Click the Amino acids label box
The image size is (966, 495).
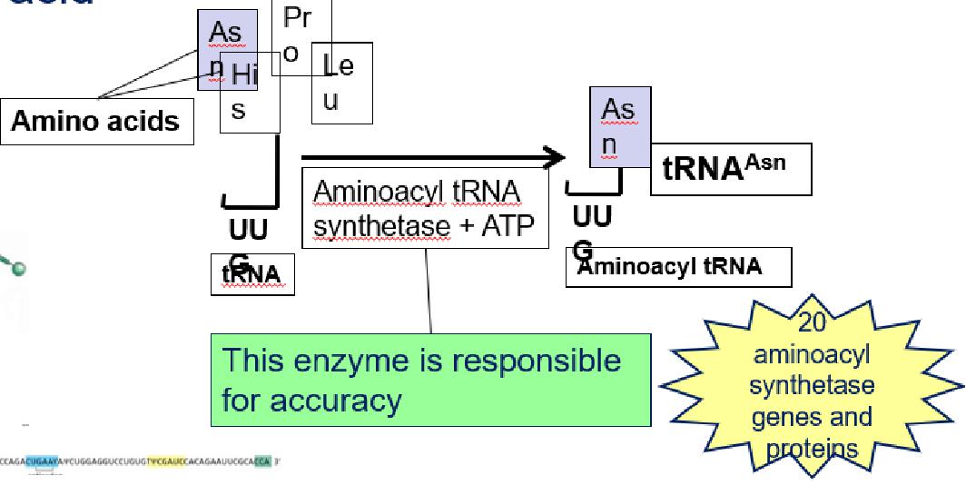pyautogui.click(x=95, y=121)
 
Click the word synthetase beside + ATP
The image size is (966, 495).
pyautogui.click(x=381, y=225)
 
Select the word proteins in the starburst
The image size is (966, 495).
pyautogui.click(x=810, y=449)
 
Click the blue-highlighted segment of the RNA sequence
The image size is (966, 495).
pyautogui.click(x=43, y=461)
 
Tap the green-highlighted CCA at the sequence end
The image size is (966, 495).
pyautogui.click(x=261, y=461)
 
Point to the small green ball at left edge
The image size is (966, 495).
pyautogui.click(x=19, y=267)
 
